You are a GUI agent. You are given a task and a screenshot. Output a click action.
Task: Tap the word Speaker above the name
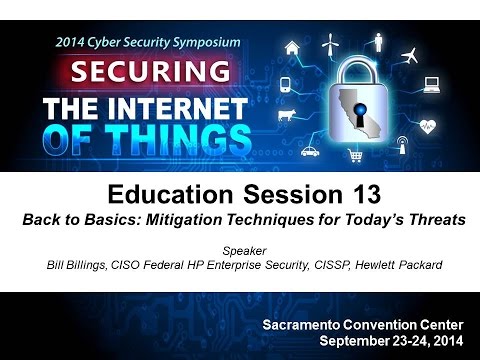click(x=240, y=254)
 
